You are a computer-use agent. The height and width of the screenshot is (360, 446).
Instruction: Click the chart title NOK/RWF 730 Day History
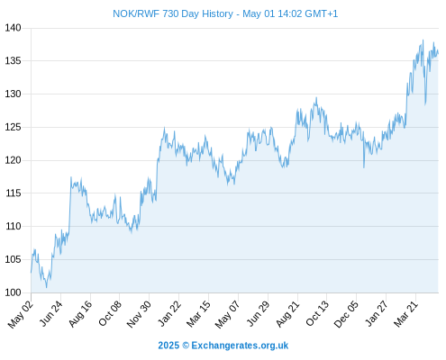click(x=173, y=13)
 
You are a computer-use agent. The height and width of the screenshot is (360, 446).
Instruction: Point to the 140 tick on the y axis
click(x=13, y=28)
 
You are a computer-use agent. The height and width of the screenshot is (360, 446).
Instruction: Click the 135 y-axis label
click(x=13, y=61)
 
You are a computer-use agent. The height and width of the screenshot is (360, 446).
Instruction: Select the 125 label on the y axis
click(x=13, y=127)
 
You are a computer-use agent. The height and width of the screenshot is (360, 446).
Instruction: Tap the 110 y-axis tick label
click(x=13, y=226)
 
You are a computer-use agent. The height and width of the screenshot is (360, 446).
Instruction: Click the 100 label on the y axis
click(x=13, y=292)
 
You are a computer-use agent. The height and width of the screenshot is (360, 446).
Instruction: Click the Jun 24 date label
click(x=51, y=313)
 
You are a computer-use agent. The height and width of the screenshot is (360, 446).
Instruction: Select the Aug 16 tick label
click(x=80, y=314)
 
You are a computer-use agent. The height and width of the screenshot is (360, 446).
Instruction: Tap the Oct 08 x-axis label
click(x=110, y=314)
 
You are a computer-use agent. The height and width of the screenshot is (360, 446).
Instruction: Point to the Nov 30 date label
click(x=139, y=314)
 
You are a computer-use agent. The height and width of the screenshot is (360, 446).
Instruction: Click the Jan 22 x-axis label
click(x=169, y=313)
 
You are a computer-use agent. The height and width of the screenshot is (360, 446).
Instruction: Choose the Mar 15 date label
click(x=198, y=314)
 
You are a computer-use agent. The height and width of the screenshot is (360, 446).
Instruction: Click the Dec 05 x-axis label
click(x=346, y=314)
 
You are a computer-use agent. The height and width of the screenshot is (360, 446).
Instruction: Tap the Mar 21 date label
click(x=406, y=314)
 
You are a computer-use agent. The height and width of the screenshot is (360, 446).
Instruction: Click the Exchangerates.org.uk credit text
click(x=240, y=346)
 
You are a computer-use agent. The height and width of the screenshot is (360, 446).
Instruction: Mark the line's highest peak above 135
click(x=423, y=40)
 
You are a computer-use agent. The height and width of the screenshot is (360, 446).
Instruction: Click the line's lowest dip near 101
click(x=46, y=287)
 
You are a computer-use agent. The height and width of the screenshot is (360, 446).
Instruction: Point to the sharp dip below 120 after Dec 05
click(x=364, y=167)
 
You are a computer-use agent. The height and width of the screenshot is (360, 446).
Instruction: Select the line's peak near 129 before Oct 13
click(x=316, y=97)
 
